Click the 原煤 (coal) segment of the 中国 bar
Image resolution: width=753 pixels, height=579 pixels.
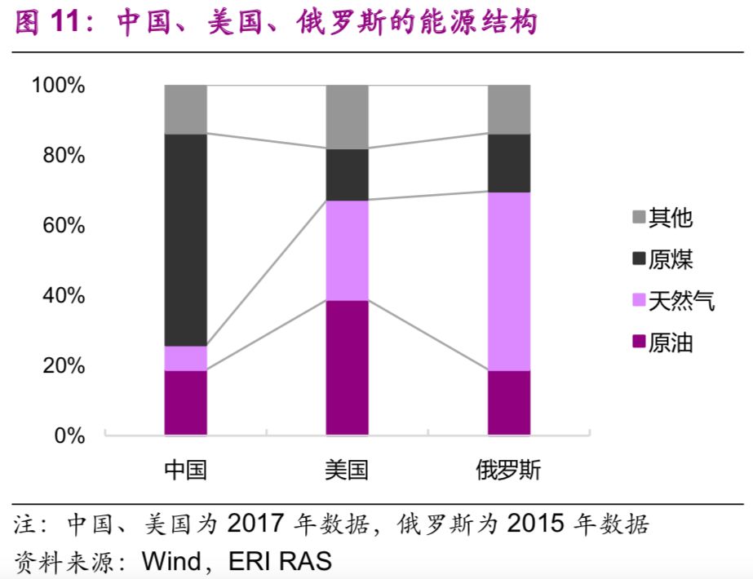click(x=185, y=240)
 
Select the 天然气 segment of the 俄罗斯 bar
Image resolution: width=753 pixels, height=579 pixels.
click(x=509, y=281)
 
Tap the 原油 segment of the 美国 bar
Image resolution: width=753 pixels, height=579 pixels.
click(x=347, y=367)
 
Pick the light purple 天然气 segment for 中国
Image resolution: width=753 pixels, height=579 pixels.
click(x=185, y=358)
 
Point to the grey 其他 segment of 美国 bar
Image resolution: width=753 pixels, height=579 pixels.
click(x=347, y=117)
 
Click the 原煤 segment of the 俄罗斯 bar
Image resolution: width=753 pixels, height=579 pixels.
click(x=509, y=163)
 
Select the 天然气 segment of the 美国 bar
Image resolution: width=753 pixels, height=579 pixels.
click(x=347, y=250)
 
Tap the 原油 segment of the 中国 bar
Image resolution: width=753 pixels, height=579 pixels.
click(x=185, y=402)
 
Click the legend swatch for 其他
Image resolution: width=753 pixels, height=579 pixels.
click(x=638, y=218)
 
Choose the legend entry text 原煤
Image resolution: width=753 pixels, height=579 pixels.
click(x=671, y=259)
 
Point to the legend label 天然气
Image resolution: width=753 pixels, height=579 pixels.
click(x=681, y=302)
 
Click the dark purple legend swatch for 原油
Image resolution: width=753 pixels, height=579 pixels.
click(x=638, y=343)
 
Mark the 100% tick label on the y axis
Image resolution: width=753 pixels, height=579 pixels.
click(x=58, y=85)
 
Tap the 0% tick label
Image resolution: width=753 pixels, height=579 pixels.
click(x=69, y=435)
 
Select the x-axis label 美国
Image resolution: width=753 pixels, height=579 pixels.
click(x=347, y=471)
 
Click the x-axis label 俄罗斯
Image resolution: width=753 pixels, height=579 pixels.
click(x=509, y=471)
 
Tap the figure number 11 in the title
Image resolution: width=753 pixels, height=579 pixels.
click(x=67, y=23)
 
